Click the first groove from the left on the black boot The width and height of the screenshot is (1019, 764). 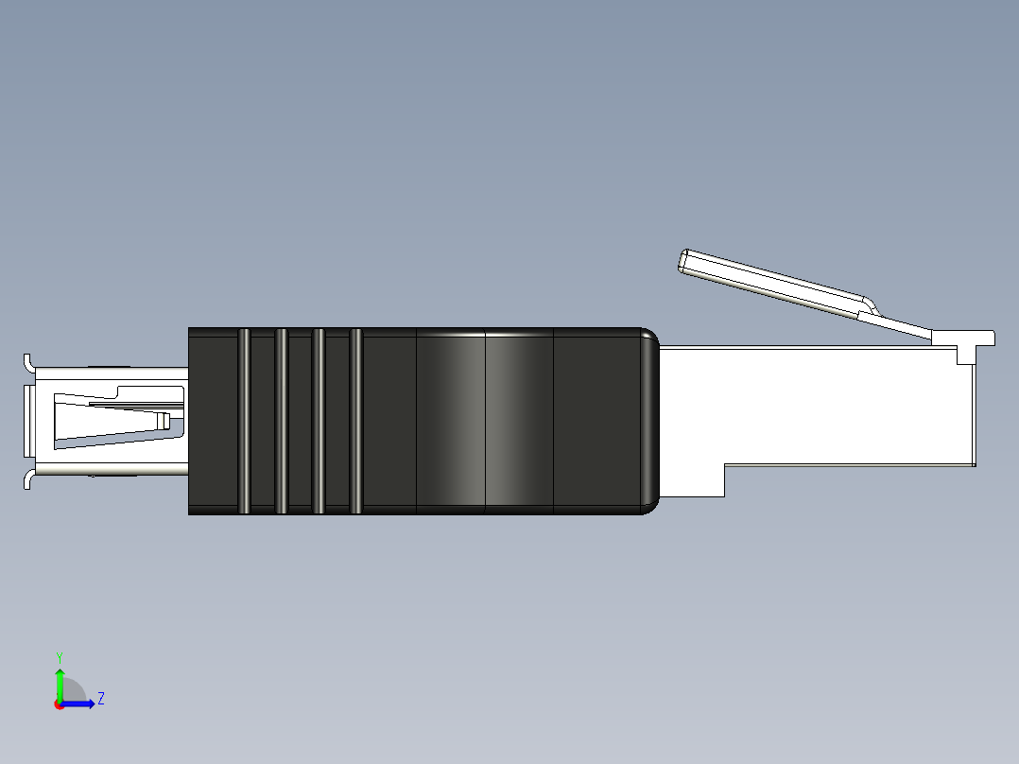click(244, 421)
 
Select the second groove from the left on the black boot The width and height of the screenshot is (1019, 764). click(281, 421)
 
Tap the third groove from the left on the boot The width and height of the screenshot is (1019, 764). click(319, 421)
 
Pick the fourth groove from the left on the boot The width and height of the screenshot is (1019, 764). click(355, 421)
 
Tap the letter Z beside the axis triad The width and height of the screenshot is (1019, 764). click(100, 699)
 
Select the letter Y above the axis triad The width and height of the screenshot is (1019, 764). click(59, 656)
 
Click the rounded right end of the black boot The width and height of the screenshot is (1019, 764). click(650, 421)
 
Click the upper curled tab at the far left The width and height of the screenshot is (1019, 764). click(28, 362)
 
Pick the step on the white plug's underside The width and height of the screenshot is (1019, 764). click(723, 478)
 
